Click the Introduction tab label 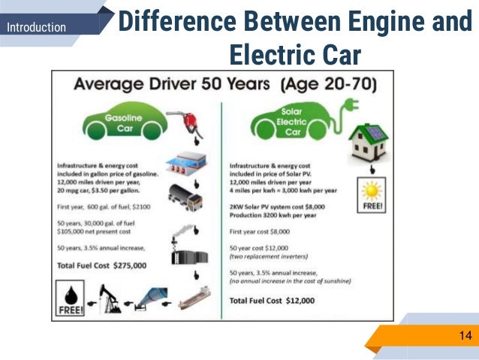(36, 28)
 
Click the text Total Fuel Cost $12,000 (272, 301)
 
